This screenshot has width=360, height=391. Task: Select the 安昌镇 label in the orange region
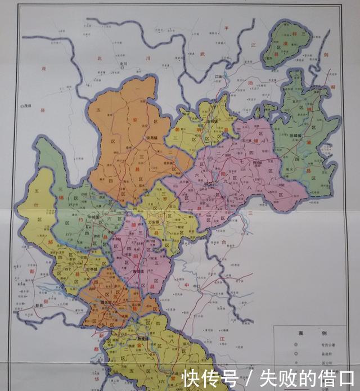151,138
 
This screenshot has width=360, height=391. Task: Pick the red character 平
227,28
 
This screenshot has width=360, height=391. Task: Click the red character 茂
43,68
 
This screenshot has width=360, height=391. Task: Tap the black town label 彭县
38,306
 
